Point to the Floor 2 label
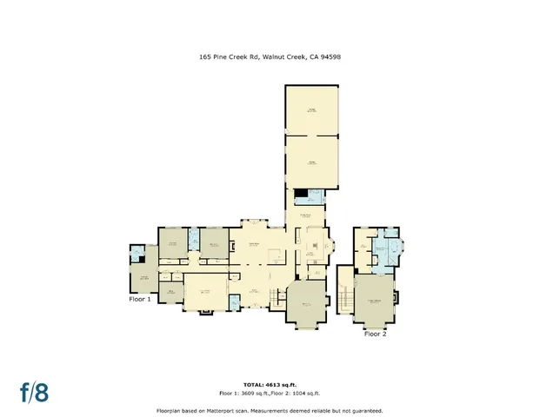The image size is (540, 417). pyautogui.click(x=375, y=334)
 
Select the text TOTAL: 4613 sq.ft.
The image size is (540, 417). pyautogui.click(x=269, y=384)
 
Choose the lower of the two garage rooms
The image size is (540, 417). pyautogui.click(x=311, y=162)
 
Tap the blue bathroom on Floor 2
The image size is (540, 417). pyautogui.click(x=383, y=252)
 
